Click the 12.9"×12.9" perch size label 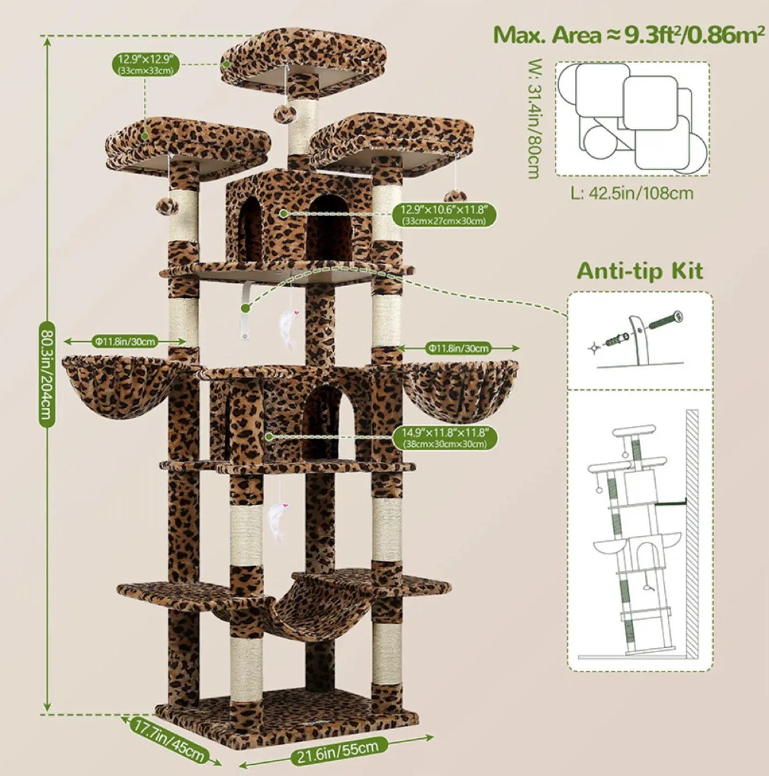click(146, 64)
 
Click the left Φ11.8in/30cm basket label click(125, 341)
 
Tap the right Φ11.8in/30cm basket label click(459, 348)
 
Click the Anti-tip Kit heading click(640, 271)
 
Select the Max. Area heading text click(629, 35)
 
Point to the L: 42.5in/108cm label click(632, 193)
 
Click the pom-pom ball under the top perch click(284, 113)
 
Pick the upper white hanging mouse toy click(286, 330)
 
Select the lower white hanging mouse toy click(277, 521)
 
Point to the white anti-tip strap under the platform click(246, 315)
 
